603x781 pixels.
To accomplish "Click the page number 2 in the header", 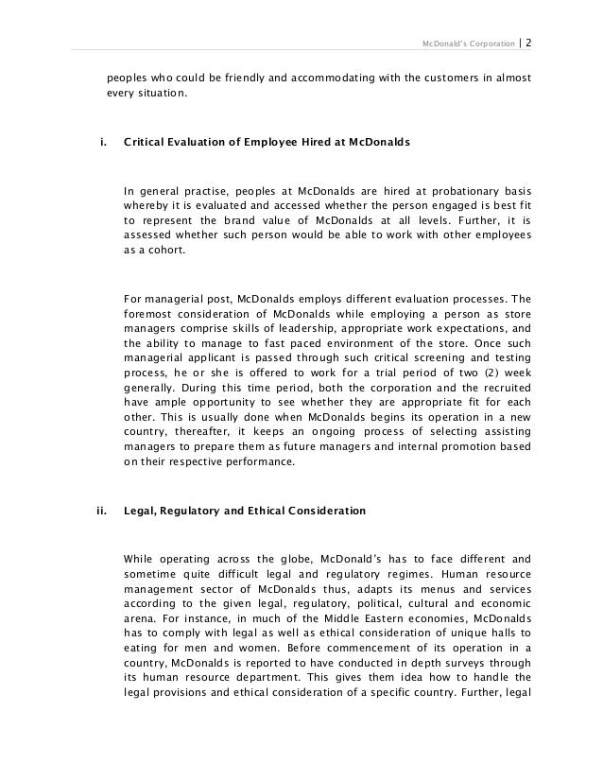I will pyautogui.click(x=527, y=43).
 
